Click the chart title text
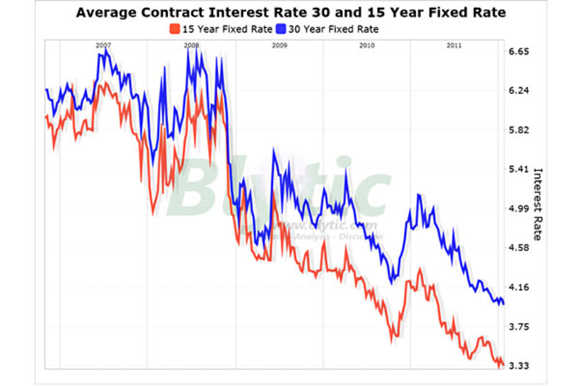[x=290, y=13]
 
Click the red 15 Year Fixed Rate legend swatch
[x=175, y=29]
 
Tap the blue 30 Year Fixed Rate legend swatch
[x=281, y=29]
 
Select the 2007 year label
[x=103, y=45]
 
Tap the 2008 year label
[x=192, y=45]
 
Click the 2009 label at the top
[x=279, y=45]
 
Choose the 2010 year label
[x=367, y=45]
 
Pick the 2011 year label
[x=454, y=45]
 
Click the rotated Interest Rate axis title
[x=538, y=204]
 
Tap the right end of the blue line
[x=504, y=303]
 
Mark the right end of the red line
[x=503, y=365]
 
